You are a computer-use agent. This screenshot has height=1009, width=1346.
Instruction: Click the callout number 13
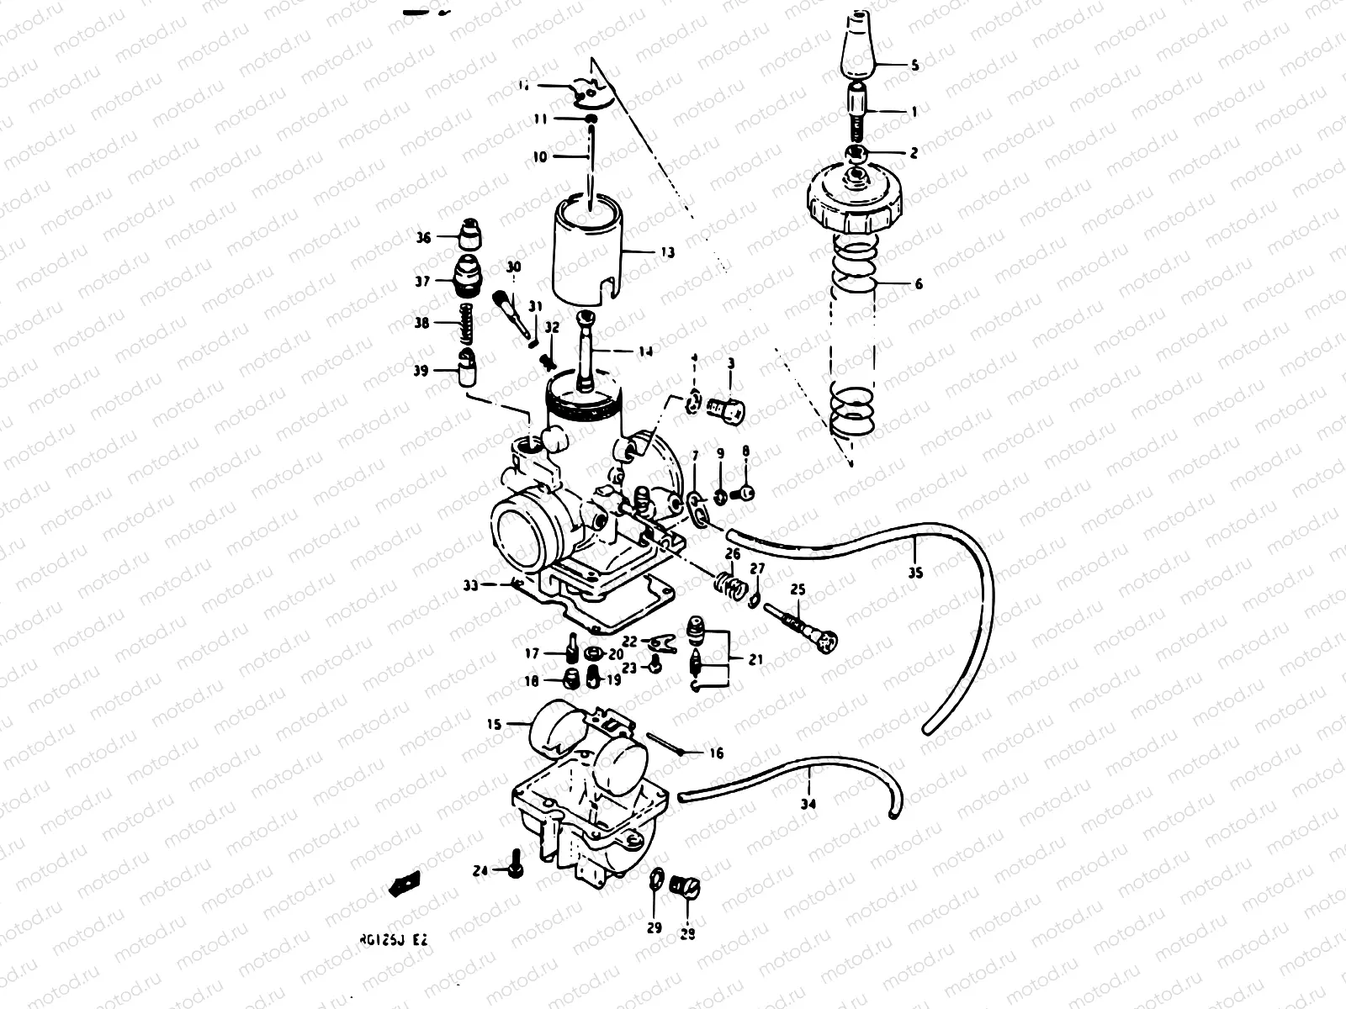(x=667, y=252)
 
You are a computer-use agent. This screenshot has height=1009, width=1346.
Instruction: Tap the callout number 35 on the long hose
(x=915, y=573)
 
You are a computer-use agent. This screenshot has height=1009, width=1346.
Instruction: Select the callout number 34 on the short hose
(x=808, y=804)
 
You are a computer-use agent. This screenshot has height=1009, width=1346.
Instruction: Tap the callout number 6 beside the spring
(x=918, y=284)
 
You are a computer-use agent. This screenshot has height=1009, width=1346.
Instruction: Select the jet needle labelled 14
(x=586, y=353)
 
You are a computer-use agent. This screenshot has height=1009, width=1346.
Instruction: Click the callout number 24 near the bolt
(x=480, y=872)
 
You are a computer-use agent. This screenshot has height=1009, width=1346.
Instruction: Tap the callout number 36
(x=423, y=238)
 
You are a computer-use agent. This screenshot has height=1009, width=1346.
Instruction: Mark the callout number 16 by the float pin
(x=716, y=754)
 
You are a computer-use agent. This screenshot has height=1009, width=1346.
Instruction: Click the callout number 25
(x=798, y=590)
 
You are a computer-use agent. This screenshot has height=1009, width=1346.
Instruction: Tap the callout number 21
(x=755, y=660)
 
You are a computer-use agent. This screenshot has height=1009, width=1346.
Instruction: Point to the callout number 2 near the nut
(x=914, y=153)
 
